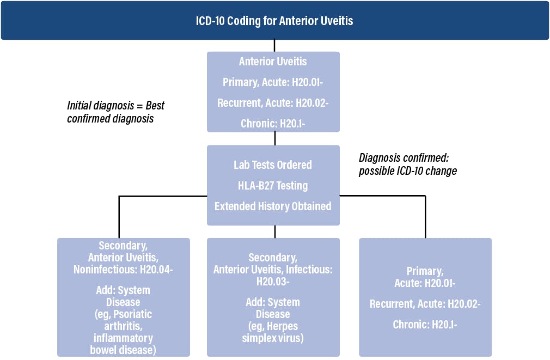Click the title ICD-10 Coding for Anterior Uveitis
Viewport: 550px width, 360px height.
(x=274, y=21)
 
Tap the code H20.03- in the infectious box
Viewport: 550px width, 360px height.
(x=273, y=282)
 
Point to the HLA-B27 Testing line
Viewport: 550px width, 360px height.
(x=273, y=185)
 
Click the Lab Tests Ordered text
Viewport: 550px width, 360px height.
(x=273, y=164)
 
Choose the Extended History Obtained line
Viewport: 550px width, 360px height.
(x=273, y=206)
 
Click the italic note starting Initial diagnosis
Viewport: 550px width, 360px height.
(x=116, y=112)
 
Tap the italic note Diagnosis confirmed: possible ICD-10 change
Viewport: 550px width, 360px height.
(x=407, y=164)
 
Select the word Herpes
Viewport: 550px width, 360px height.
(x=283, y=326)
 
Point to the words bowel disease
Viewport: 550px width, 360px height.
(x=123, y=350)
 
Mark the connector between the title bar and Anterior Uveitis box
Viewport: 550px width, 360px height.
(x=274, y=46)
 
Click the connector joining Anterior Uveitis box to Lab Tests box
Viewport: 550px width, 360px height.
(x=274, y=138)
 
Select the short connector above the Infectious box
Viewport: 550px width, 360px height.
(x=274, y=231)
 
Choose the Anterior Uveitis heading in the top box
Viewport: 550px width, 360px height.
(x=273, y=62)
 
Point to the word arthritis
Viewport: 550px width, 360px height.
(x=123, y=326)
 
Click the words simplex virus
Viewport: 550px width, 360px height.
(x=273, y=338)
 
